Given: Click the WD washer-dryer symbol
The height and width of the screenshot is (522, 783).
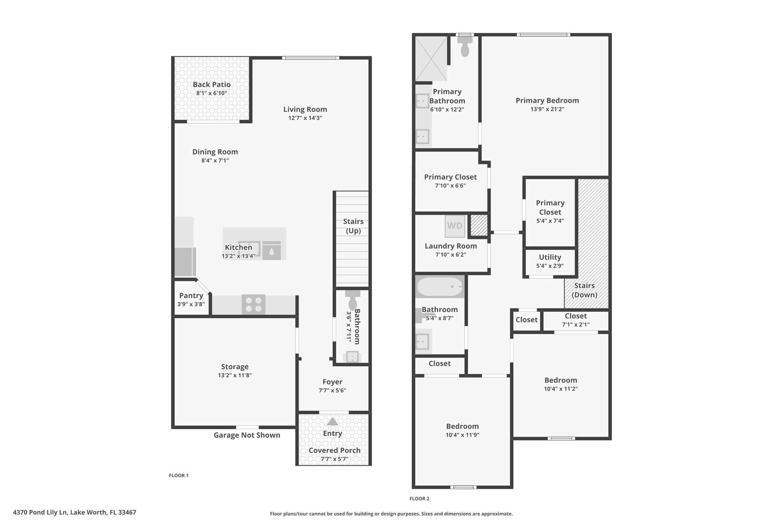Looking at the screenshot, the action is tap(455, 226).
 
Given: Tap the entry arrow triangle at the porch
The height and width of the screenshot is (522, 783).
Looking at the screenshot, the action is tap(333, 421).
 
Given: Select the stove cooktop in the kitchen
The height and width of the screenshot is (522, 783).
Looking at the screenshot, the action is tap(253, 305).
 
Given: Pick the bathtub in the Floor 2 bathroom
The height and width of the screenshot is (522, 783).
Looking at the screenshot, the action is tap(440, 287).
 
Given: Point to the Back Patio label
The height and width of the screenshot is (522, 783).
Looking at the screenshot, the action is tap(212, 85).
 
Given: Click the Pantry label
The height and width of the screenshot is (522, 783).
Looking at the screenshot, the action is tap(191, 296).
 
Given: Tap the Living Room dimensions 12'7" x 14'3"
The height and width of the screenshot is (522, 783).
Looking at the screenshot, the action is tap(305, 118).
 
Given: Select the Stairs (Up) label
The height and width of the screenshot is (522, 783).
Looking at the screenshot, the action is tap(353, 226).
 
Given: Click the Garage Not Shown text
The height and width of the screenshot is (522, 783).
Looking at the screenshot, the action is tap(247, 435).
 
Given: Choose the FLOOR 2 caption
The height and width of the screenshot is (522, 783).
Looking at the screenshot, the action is tap(419, 499).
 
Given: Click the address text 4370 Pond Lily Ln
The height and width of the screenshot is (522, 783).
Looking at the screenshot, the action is tap(41, 512).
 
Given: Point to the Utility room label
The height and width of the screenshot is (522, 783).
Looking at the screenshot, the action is tap(550, 257).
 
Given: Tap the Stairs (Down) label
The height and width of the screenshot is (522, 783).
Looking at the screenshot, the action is tap(585, 290).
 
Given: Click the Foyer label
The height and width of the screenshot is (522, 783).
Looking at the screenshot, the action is tap(333, 382).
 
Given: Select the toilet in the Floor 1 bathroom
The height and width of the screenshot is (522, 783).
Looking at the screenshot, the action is tap(352, 300).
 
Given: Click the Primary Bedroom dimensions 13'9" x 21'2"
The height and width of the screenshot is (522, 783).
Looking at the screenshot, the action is tap(547, 109).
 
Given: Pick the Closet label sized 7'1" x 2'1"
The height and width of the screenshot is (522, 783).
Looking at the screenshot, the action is tap(576, 316).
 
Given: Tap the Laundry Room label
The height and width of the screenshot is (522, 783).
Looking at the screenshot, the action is tap(451, 246).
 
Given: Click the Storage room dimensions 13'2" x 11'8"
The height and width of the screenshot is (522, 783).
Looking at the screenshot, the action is tap(235, 375).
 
